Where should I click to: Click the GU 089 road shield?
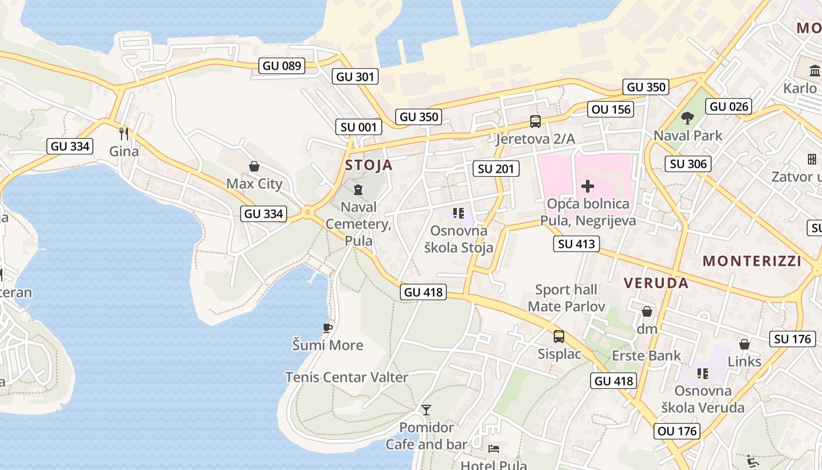tap(282, 66)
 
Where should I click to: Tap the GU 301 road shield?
tap(355, 76)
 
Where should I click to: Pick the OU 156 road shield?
tap(611, 109)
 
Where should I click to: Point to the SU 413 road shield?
tap(576, 244)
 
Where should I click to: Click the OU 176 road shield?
tap(677, 431)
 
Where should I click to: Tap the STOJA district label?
tap(369, 165)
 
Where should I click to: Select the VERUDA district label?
tap(656, 283)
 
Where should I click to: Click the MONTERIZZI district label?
tap(752, 261)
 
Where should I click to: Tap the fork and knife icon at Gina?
tap(124, 133)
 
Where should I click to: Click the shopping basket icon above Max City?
tap(254, 166)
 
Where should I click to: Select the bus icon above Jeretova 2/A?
tap(535, 122)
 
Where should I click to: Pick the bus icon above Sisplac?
tap(559, 337)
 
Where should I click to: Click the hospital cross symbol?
tap(587, 187)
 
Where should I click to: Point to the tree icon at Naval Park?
tap(687, 118)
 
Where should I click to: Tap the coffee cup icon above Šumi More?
tap(328, 328)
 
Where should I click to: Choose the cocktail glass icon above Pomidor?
tap(426, 409)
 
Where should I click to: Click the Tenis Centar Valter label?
tap(346, 377)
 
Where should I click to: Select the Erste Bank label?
tap(646, 355)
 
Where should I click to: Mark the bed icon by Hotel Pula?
tap(494, 449)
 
